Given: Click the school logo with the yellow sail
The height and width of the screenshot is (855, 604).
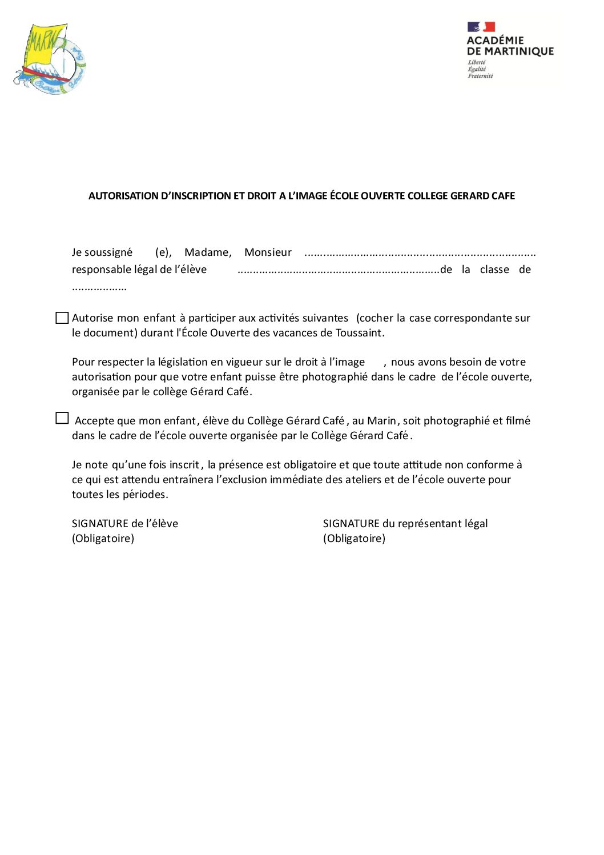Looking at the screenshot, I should pyautogui.click(x=50, y=59).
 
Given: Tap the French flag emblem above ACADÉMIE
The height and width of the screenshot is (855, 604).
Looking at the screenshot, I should pyautogui.click(x=481, y=27).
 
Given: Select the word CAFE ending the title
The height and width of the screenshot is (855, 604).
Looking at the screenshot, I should pyautogui.click(x=503, y=196).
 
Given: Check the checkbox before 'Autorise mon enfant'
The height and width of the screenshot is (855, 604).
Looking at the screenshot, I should pyautogui.click(x=62, y=318).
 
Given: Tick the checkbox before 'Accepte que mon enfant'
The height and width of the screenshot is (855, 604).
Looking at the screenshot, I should pyautogui.click(x=62, y=419).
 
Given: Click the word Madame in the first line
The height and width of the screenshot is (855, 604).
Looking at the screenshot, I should pyautogui.click(x=208, y=252).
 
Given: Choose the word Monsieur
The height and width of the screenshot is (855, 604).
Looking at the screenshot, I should pyautogui.click(x=268, y=252).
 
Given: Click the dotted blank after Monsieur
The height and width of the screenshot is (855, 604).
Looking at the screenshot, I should pyautogui.click(x=420, y=254).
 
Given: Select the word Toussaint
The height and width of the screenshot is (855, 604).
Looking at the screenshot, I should pyautogui.click(x=360, y=333).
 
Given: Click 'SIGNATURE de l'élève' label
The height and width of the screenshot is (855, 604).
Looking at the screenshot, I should pyautogui.click(x=125, y=524).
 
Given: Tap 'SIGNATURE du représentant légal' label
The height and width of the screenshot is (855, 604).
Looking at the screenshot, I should pyautogui.click(x=405, y=524).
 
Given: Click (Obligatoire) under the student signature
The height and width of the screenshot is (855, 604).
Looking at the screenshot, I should pyautogui.click(x=103, y=539).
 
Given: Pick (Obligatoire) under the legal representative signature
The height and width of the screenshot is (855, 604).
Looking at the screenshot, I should pyautogui.click(x=354, y=539).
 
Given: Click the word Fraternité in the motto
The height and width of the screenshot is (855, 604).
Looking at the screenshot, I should pyautogui.click(x=480, y=76).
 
